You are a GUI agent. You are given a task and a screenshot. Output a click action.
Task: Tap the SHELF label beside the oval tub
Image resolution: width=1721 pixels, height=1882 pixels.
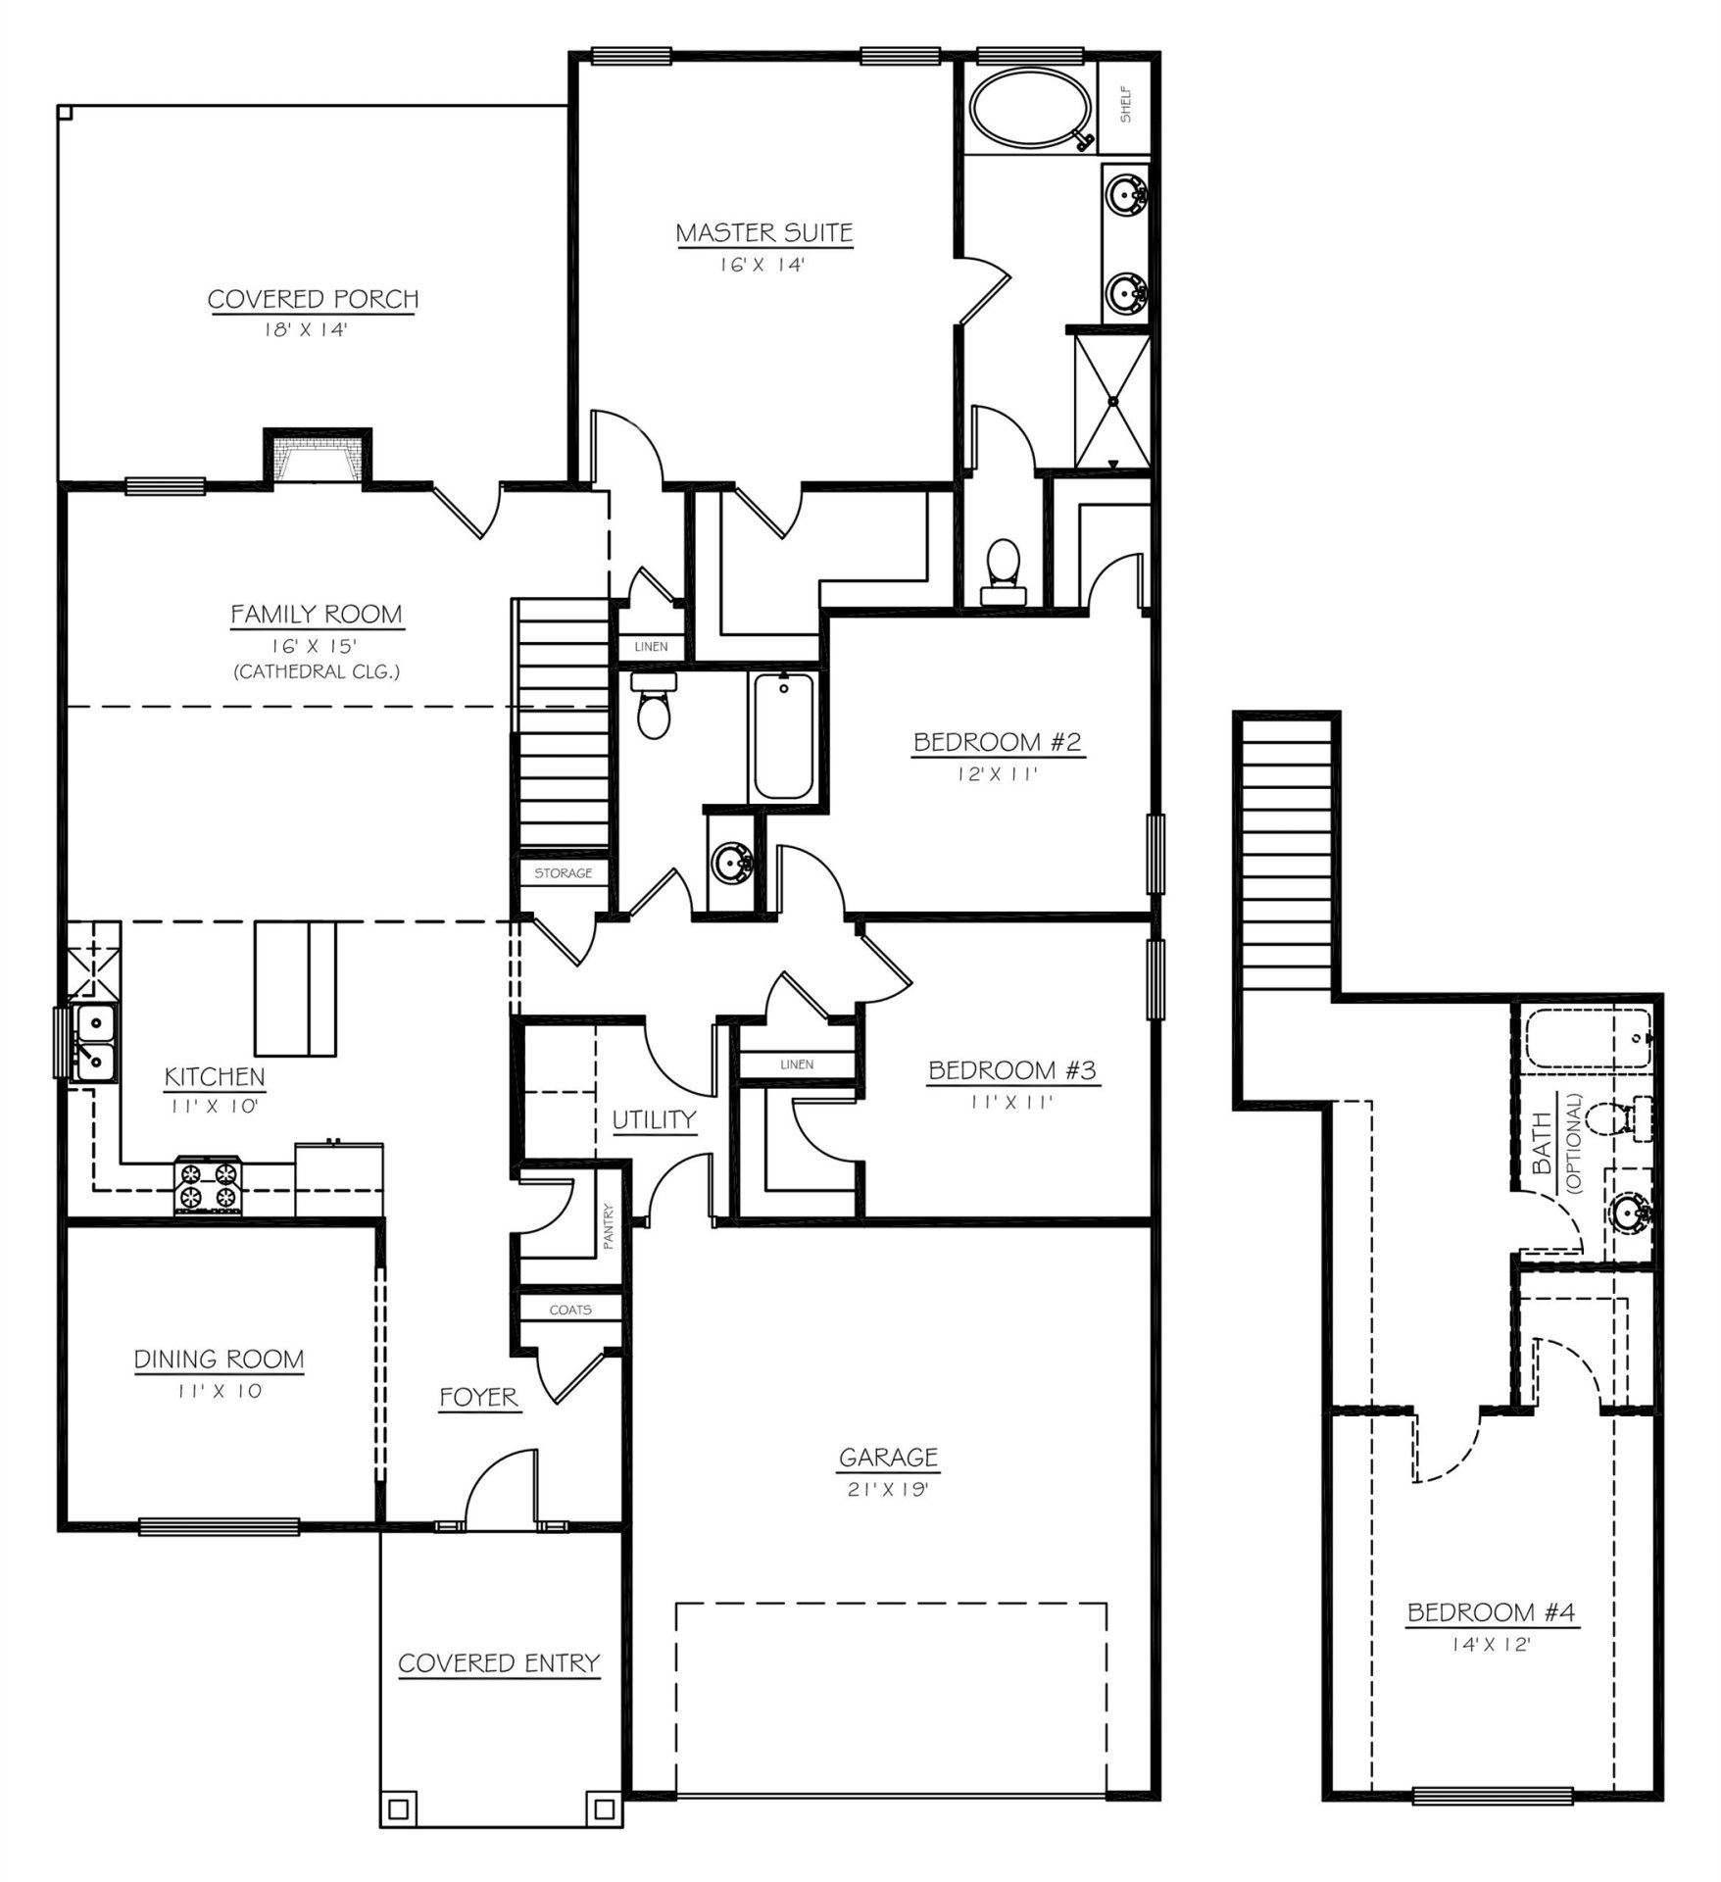tap(1126, 104)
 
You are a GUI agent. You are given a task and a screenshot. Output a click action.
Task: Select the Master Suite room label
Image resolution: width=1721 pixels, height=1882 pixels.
tap(764, 233)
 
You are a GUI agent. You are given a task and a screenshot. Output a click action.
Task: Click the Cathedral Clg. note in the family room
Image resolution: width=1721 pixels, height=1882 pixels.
tap(316, 671)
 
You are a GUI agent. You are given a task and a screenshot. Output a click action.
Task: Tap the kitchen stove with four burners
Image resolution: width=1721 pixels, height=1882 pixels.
tap(208, 1185)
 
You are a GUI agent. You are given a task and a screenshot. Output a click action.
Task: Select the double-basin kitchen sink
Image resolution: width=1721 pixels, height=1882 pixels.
tap(93, 1042)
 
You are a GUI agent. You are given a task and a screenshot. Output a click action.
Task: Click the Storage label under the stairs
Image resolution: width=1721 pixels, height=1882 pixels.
tap(563, 872)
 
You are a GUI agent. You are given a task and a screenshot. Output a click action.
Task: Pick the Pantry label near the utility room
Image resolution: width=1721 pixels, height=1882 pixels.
tap(608, 1226)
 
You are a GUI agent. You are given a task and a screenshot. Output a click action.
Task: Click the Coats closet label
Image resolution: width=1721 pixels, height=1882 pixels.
tap(570, 1310)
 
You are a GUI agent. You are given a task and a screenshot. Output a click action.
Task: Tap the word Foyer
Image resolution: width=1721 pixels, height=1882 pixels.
tap(478, 1397)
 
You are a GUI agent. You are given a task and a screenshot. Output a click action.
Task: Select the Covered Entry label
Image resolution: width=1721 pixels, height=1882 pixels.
tap(498, 1662)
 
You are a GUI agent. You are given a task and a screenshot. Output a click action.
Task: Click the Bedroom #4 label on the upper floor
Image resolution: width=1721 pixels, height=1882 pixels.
tap(1492, 1612)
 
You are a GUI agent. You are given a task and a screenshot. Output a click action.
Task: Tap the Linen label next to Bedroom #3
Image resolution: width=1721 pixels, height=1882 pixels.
tap(797, 1064)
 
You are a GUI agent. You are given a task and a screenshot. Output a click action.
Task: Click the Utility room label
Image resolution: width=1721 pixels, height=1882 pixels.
tap(654, 1119)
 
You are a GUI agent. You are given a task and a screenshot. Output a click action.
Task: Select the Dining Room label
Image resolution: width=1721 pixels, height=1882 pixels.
tap(219, 1359)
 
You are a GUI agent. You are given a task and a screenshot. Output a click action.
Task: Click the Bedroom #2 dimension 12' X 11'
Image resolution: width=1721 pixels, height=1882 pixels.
tap(997, 773)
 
